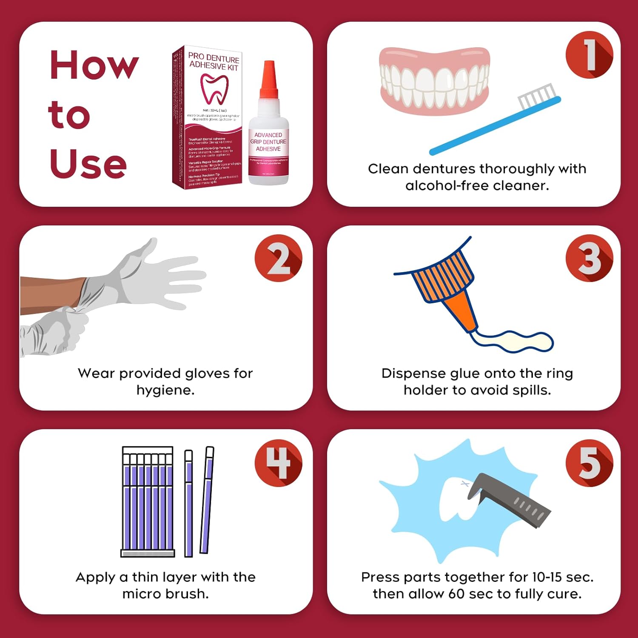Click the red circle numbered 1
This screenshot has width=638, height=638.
click(x=589, y=55)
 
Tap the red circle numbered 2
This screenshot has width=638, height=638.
click(x=279, y=258)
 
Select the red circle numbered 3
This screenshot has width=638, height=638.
click(x=589, y=258)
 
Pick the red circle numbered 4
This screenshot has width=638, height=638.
click(x=279, y=462)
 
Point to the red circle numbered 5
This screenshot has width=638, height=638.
click(x=589, y=462)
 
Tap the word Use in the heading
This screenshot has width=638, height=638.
click(x=88, y=164)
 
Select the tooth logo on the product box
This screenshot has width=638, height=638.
click(x=214, y=88)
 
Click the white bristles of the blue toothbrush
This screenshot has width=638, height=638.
click(x=537, y=97)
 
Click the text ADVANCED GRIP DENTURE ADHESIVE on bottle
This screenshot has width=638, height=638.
click(x=268, y=142)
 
